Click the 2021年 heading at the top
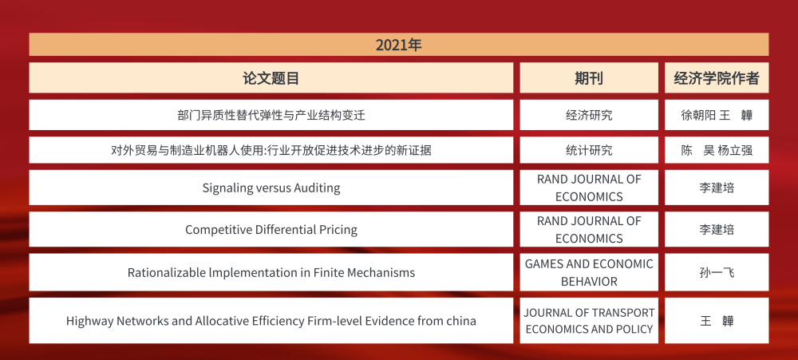(398, 45)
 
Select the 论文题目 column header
(271, 78)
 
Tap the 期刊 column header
(589, 78)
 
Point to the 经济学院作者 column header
(717, 78)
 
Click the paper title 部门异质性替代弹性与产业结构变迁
(271, 115)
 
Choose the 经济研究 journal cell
(589, 115)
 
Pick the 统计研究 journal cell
(589, 150)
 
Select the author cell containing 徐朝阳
(717, 115)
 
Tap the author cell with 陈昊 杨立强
(717, 150)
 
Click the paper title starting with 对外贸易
(271, 150)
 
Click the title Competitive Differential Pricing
(271, 230)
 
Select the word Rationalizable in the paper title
(165, 273)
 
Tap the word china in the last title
(459, 321)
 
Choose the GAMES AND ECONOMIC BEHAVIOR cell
(589, 272)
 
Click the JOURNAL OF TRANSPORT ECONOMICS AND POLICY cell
(589, 321)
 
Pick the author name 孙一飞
(717, 272)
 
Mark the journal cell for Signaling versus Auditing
(589, 188)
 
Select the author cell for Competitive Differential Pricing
(717, 230)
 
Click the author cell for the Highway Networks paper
(717, 321)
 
